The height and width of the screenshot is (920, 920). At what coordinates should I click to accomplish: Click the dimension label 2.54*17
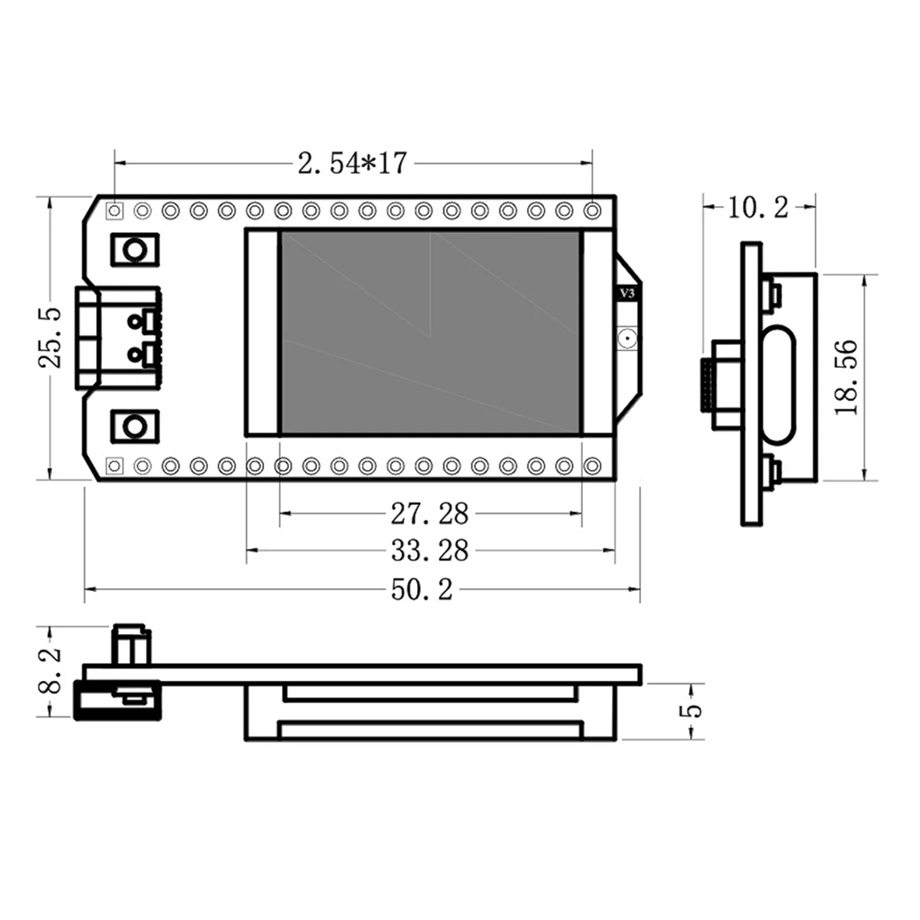click(352, 163)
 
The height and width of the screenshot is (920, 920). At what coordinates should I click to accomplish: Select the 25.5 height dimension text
click(51, 338)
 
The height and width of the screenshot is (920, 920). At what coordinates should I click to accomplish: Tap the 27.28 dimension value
click(429, 514)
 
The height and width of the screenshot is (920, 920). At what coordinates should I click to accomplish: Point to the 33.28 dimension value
click(429, 550)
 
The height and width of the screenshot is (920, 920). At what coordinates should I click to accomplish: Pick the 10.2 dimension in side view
click(757, 206)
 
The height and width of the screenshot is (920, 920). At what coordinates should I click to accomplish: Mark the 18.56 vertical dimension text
click(846, 378)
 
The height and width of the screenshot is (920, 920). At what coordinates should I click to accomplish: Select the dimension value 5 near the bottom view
click(692, 710)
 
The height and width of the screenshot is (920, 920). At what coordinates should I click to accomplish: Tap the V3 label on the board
click(627, 293)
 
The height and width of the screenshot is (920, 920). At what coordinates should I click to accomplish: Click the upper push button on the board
click(135, 249)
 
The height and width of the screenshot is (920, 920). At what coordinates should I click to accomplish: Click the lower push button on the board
click(135, 426)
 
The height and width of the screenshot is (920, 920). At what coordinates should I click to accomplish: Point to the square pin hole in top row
click(115, 209)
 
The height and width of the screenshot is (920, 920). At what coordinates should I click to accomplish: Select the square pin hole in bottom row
click(115, 465)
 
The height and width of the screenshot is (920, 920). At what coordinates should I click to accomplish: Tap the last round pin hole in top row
click(593, 209)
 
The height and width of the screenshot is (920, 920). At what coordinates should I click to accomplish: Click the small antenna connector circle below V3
click(627, 337)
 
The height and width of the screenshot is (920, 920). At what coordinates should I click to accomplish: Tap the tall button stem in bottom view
click(132, 646)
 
